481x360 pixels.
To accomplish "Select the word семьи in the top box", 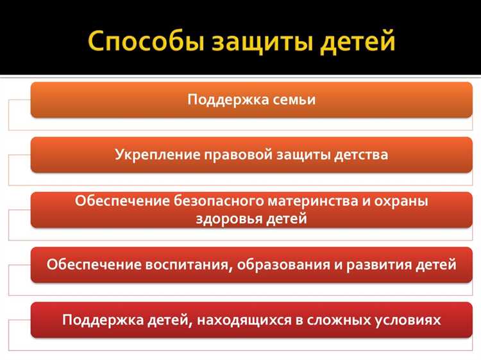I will pos(291,100).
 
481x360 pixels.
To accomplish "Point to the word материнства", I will pos(308,201).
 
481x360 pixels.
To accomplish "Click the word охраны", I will pos(403,201).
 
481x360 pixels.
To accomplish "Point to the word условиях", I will pos(410,319).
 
